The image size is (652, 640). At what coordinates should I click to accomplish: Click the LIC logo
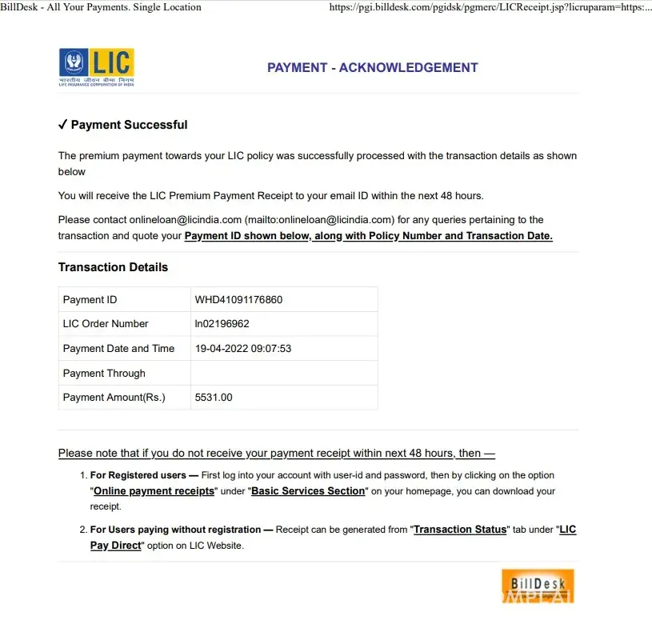click(x=96, y=67)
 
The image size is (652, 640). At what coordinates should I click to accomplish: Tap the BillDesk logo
click(x=537, y=586)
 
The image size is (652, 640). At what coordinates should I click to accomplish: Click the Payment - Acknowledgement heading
click(x=372, y=68)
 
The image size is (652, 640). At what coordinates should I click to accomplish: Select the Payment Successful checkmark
click(x=62, y=125)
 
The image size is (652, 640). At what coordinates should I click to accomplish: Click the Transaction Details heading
click(x=113, y=267)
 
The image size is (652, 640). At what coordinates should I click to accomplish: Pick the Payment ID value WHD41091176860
click(x=238, y=300)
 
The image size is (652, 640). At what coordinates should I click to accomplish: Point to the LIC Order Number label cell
click(x=106, y=324)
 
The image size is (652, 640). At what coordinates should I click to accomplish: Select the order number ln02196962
click(x=222, y=324)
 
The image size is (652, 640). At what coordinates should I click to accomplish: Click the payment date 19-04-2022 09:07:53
click(x=243, y=348)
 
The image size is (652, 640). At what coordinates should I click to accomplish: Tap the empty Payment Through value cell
click(x=283, y=373)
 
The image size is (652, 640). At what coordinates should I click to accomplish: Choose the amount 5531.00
click(x=214, y=397)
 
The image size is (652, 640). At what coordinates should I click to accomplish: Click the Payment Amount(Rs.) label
click(x=114, y=397)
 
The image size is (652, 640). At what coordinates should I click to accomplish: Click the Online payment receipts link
click(x=154, y=491)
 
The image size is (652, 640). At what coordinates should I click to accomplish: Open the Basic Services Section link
click(x=308, y=491)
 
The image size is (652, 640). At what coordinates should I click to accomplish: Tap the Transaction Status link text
click(x=460, y=530)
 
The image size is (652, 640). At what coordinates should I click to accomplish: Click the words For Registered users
click(x=138, y=475)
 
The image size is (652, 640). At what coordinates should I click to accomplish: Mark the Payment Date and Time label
click(x=118, y=348)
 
